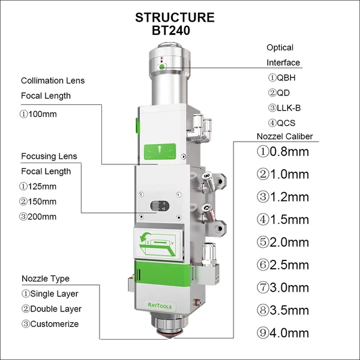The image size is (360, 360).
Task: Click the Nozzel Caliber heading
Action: [x=284, y=136]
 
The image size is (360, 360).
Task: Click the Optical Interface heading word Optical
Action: [x=280, y=47]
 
